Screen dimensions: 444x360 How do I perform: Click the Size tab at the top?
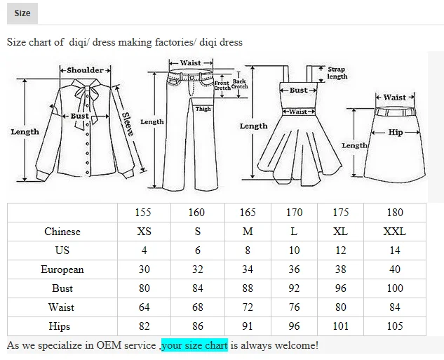click(22, 13)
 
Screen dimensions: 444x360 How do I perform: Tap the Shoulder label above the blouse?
click(85, 70)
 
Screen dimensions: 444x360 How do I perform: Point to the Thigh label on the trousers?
click(203, 109)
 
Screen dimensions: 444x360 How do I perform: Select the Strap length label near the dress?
click(337, 73)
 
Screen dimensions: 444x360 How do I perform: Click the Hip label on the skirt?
click(396, 132)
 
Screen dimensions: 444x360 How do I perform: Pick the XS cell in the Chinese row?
click(144, 232)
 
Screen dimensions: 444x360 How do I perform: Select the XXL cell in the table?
click(395, 232)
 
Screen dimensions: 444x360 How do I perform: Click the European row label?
click(62, 269)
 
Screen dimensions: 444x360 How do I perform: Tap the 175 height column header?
click(340, 213)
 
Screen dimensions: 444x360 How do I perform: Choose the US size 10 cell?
click(294, 251)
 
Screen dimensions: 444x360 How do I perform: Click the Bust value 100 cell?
click(395, 288)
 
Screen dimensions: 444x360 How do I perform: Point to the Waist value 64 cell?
click(144, 307)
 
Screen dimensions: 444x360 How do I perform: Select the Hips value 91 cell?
click(247, 326)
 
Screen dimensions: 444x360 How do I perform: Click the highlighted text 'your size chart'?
click(194, 345)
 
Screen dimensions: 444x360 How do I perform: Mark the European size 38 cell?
click(340, 269)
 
